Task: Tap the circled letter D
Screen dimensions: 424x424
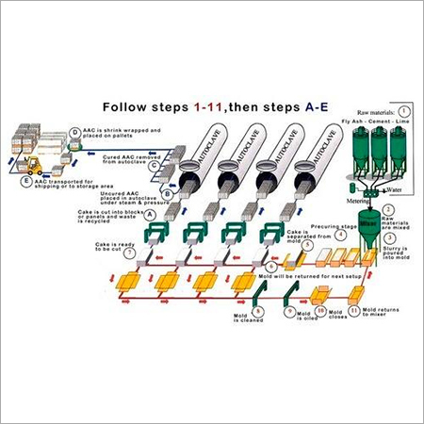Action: (74, 131)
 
